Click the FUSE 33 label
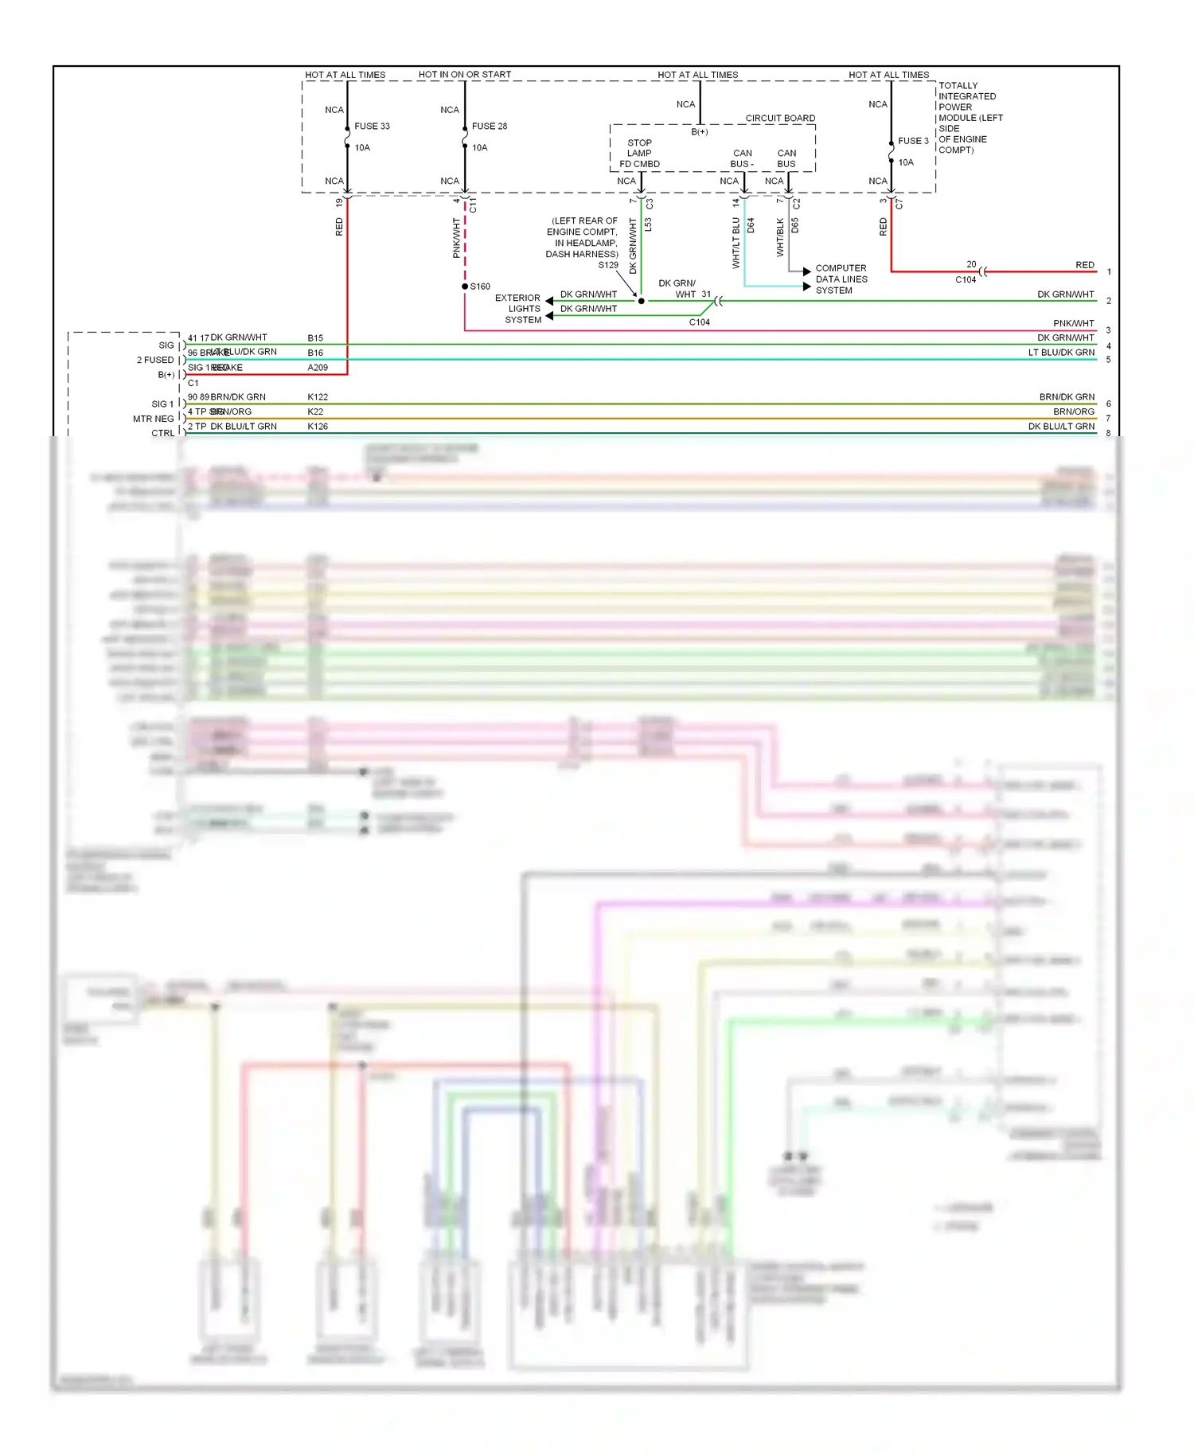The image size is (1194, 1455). click(372, 126)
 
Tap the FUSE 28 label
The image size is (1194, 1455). click(489, 126)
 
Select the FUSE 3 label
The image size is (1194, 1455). click(913, 141)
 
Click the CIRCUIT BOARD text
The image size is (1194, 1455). click(779, 118)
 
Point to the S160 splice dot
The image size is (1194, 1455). click(465, 287)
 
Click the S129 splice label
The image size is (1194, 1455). click(607, 265)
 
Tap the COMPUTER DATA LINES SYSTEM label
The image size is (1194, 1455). click(841, 279)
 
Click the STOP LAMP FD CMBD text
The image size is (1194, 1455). click(639, 154)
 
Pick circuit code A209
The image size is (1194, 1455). click(318, 368)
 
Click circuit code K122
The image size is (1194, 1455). click(318, 396)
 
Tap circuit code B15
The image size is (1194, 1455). click(315, 338)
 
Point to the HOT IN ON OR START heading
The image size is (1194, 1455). click(464, 75)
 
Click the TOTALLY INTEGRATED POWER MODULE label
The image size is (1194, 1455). click(969, 117)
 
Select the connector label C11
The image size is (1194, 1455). click(473, 205)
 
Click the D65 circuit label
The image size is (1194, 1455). click(795, 225)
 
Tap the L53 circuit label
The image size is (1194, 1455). click(649, 225)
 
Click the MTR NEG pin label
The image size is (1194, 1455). click(153, 419)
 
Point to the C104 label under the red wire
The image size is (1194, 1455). click(965, 279)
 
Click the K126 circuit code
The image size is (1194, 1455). click(318, 427)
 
